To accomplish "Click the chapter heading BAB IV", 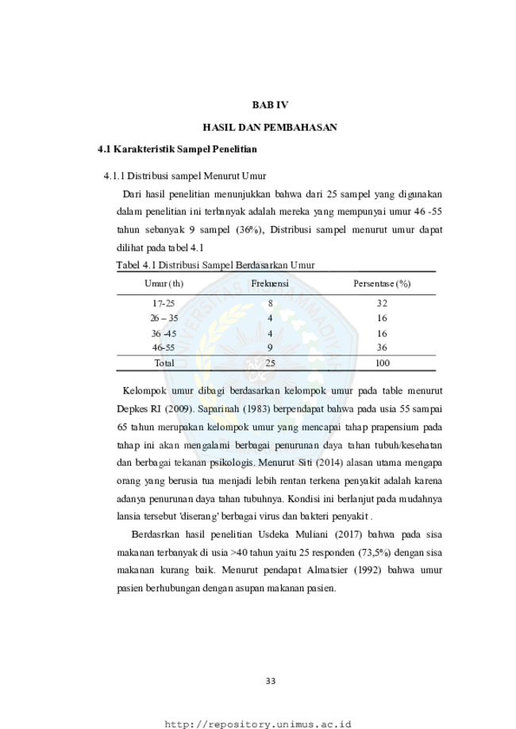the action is click(x=270, y=105).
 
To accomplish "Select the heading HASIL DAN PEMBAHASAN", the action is click(x=270, y=128).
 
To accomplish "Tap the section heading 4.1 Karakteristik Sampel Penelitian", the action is click(x=177, y=149).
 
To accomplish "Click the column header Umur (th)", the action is click(x=164, y=284).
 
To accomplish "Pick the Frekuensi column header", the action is click(x=270, y=283).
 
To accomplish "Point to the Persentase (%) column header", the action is click(x=382, y=284).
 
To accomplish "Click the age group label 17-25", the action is click(x=164, y=304).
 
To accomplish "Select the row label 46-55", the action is click(x=164, y=347).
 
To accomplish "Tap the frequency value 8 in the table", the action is click(x=271, y=304).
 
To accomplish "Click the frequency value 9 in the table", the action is click(x=271, y=347).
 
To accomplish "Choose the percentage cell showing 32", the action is click(x=382, y=304).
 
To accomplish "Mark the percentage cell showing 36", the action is click(x=382, y=347).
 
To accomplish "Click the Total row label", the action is click(x=164, y=363).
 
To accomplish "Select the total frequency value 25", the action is click(x=271, y=363).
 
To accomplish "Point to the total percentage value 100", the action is click(x=382, y=363).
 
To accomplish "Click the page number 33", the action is click(x=271, y=681).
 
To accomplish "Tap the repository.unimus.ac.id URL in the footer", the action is click(x=258, y=724).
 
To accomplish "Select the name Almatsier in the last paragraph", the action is click(x=327, y=570).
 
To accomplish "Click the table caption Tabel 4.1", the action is click(x=136, y=266).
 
